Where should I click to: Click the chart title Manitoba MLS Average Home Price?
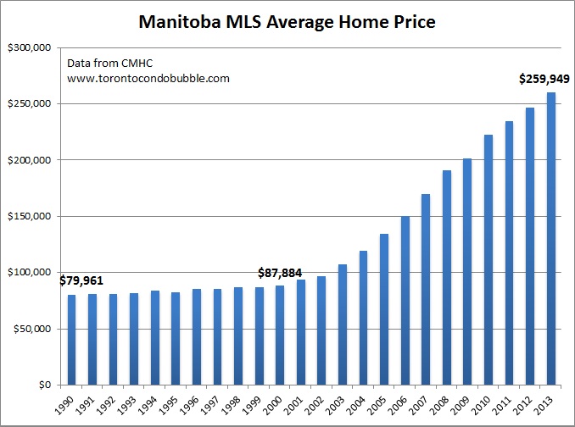point(287,22)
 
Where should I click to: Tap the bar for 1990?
point(72,339)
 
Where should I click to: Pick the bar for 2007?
point(425,289)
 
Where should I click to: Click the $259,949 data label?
point(544,80)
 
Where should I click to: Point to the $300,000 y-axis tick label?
point(30,47)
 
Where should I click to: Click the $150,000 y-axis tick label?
point(30,216)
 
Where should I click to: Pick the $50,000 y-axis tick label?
point(32,329)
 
